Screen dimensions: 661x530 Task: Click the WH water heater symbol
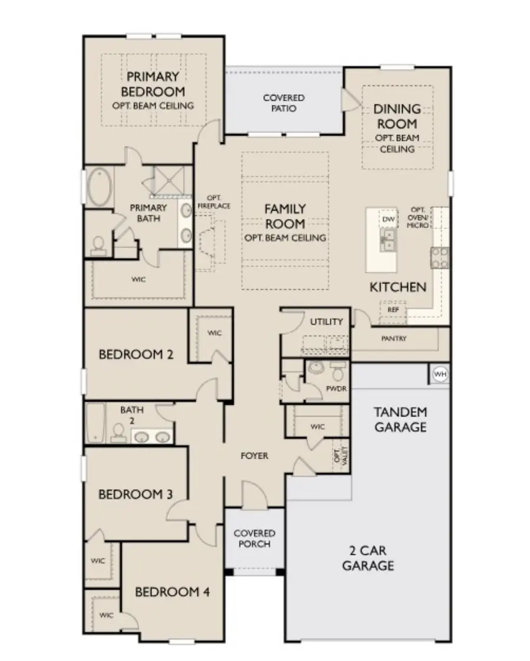[x=440, y=374]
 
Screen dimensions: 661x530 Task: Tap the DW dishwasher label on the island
[x=387, y=219]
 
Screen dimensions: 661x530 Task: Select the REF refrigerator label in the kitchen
[x=392, y=309]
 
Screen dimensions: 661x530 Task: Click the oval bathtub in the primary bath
[x=101, y=187]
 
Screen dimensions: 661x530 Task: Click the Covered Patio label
[x=284, y=103]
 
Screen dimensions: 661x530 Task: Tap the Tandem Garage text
[x=400, y=419]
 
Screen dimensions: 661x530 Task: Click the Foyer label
[x=254, y=456]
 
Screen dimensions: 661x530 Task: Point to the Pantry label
[x=393, y=338]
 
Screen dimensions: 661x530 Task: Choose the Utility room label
[x=326, y=321]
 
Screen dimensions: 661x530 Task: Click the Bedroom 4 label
[x=172, y=592]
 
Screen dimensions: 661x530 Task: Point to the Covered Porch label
[x=254, y=539]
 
